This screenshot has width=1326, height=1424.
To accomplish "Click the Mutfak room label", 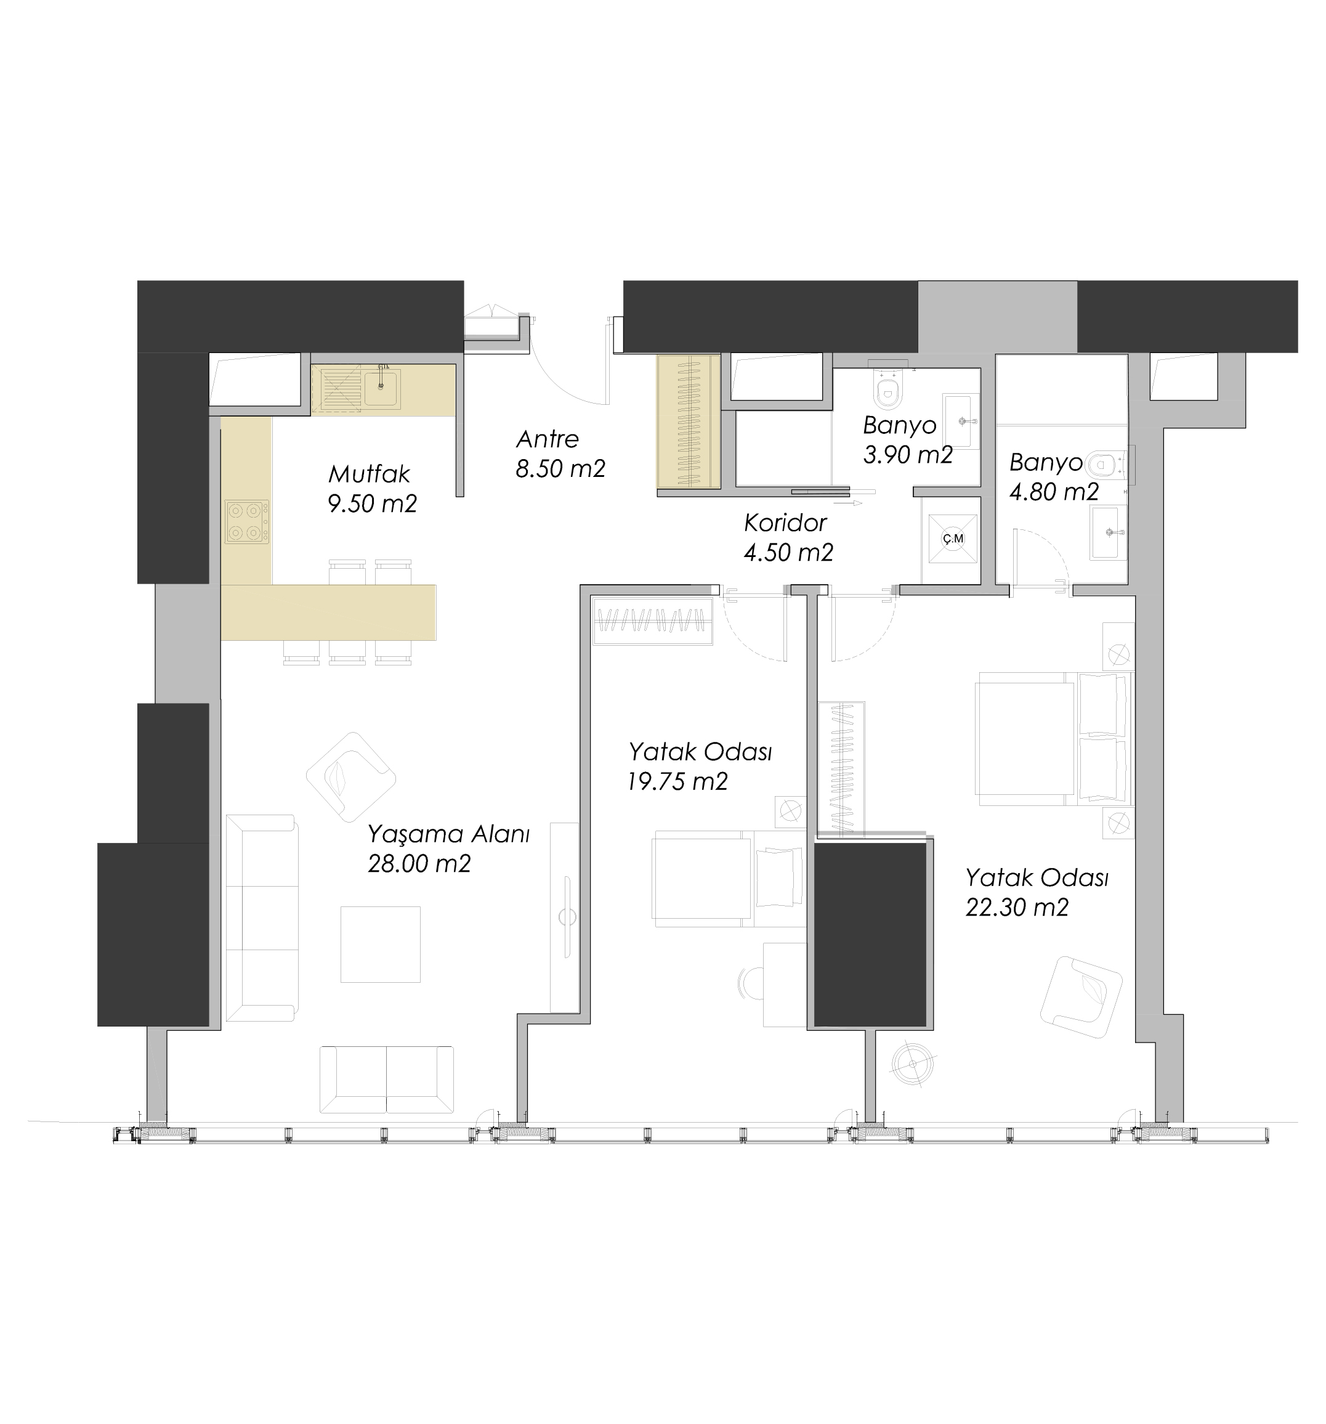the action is (370, 474).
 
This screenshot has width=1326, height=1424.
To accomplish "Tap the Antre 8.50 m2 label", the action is (560, 454).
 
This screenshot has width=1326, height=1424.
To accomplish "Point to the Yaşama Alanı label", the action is (448, 834).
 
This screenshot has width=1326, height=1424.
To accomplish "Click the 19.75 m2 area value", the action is (677, 781).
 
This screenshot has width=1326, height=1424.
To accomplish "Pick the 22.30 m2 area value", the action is (1017, 908).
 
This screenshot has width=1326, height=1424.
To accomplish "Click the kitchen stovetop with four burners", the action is (247, 521).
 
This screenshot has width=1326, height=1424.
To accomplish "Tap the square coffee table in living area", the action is (380, 944).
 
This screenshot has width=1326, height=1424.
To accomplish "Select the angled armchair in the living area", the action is (351, 776).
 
